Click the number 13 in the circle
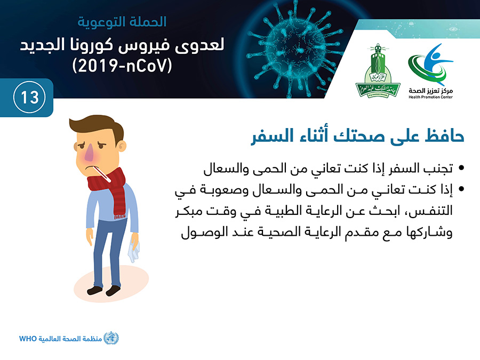[30, 98]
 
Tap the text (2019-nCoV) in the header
[122, 66]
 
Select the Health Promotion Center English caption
[430, 97]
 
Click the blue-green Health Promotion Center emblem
[430, 65]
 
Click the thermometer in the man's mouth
[101, 173]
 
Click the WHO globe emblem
[111, 338]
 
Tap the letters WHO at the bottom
[28, 339]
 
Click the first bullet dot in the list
[461, 168]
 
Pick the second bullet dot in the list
[461, 189]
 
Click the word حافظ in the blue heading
[444, 136]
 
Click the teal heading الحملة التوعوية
[122, 22]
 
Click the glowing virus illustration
[295, 50]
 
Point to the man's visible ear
[122, 146]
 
